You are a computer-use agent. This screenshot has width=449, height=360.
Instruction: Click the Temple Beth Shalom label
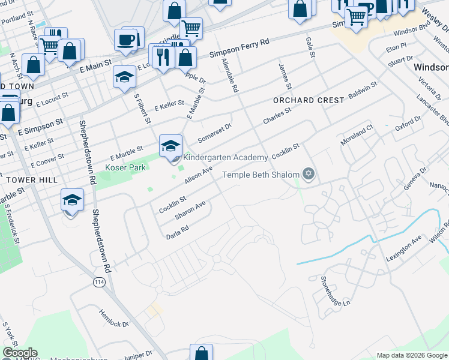pyautogui.click(x=261, y=175)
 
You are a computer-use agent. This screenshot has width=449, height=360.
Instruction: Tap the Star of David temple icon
pyautogui.click(x=309, y=175)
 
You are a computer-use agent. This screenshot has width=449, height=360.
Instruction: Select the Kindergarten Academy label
pyautogui.click(x=225, y=157)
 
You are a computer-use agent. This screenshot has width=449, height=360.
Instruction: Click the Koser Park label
pyautogui.click(x=126, y=168)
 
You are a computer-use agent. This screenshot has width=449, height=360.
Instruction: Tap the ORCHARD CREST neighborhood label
pyautogui.click(x=309, y=100)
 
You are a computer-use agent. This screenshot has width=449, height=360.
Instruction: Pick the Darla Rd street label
pyautogui.click(x=178, y=233)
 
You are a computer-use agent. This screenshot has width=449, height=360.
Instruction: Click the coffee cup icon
pyautogui.click(x=126, y=40)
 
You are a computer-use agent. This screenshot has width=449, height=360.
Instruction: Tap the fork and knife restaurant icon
pyautogui.click(x=163, y=56)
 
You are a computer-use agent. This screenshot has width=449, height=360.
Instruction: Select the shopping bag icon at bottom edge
pyautogui.click(x=201, y=353)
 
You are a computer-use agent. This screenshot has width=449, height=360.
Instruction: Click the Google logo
pyautogui.click(x=20, y=353)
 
